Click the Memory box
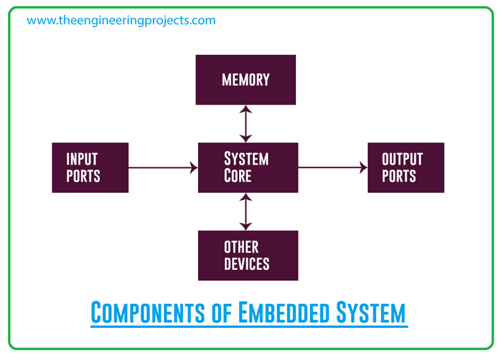(246, 80)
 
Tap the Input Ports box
(90, 167)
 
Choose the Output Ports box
(405, 167)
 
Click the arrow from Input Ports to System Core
(163, 168)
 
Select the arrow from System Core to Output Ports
(332, 168)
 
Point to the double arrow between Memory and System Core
(246, 124)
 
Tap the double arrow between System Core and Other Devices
(246, 212)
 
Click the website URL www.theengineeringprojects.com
(121, 20)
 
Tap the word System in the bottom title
(371, 313)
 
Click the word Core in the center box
(238, 176)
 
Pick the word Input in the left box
(82, 159)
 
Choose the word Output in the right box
(403, 159)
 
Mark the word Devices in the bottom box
(246, 264)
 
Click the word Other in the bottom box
(241, 247)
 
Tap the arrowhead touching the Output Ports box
(363, 168)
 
